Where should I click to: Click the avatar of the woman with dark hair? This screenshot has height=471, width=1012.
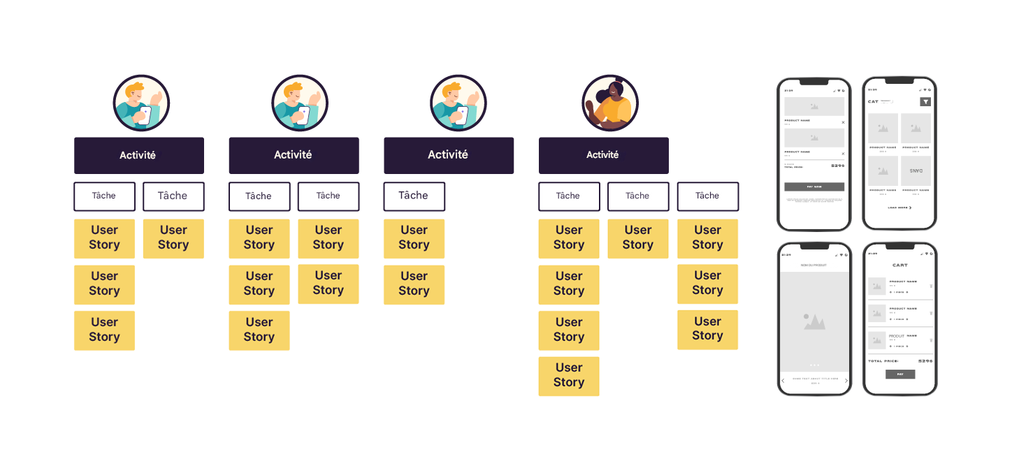[609, 103]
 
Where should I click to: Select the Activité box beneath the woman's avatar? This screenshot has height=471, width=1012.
[603, 155]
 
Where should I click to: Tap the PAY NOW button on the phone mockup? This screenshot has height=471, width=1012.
[814, 187]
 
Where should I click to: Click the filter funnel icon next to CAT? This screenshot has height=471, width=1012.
[925, 102]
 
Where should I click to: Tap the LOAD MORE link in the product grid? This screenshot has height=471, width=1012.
[899, 208]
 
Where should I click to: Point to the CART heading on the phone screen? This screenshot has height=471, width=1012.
[899, 266]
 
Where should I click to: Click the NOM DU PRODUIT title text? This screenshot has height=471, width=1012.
[814, 266]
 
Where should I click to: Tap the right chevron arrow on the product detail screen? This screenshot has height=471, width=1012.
[846, 381]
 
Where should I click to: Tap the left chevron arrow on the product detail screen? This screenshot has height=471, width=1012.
[783, 381]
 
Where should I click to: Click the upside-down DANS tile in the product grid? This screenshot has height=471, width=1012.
[916, 171]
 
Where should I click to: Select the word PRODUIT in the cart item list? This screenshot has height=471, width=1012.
[897, 336]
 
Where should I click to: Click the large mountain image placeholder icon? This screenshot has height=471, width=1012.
[814, 321]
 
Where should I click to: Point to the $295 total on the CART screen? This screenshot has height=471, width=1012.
[925, 361]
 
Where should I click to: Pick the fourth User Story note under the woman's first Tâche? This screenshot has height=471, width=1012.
[568, 376]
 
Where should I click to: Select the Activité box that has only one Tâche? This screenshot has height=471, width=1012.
[448, 155]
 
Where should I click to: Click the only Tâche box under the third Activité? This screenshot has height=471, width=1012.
[414, 196]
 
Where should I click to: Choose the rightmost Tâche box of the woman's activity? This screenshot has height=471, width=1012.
[707, 196]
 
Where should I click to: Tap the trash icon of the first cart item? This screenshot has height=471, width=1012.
[930, 286]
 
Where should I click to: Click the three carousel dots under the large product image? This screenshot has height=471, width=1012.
[814, 365]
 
